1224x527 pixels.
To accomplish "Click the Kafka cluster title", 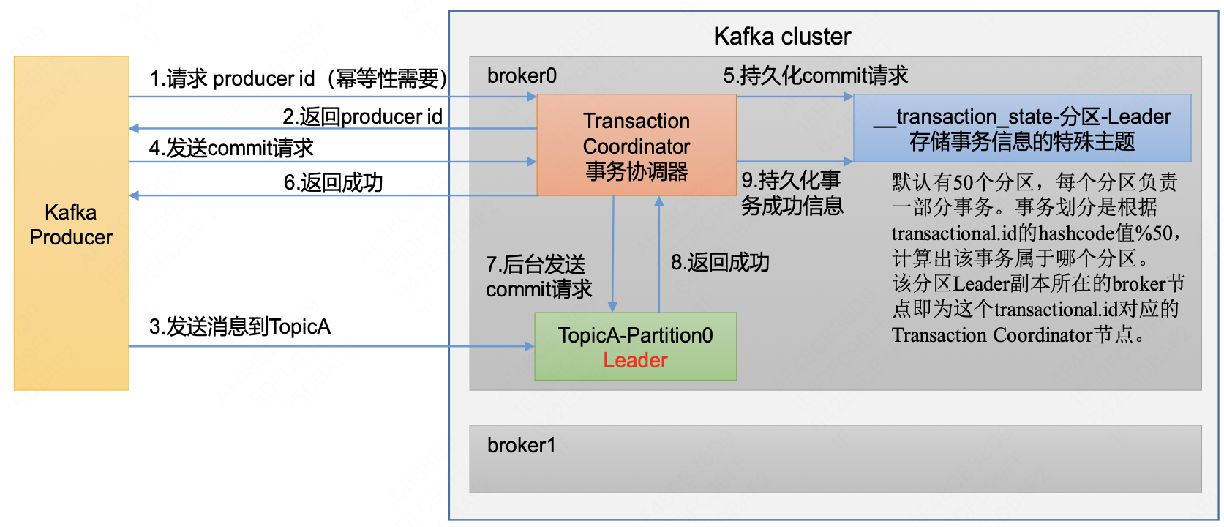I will tap(782, 37).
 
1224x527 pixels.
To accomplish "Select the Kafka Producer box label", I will tap(71, 225).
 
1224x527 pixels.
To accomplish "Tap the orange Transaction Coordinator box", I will tap(637, 146).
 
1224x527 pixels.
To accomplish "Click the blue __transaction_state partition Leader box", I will tap(1022, 128).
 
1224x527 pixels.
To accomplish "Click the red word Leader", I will tap(635, 361).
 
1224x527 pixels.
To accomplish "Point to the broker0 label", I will tap(522, 76).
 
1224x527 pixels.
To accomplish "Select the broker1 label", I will tap(522, 445).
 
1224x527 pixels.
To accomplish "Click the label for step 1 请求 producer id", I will tap(298, 78).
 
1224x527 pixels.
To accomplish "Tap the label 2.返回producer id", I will tap(362, 116).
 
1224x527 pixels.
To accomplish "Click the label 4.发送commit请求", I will tap(231, 148).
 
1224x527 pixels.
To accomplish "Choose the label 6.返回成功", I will tap(333, 182).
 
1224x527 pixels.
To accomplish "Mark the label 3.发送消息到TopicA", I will tap(240, 326).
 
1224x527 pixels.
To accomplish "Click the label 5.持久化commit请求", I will tap(815, 75).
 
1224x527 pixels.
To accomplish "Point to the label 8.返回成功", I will tap(720, 262).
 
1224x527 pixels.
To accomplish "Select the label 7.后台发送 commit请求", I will tap(538, 277).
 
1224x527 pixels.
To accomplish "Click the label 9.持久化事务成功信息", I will tap(792, 193).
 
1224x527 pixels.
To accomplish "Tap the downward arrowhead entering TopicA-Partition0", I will tap(613, 307).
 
